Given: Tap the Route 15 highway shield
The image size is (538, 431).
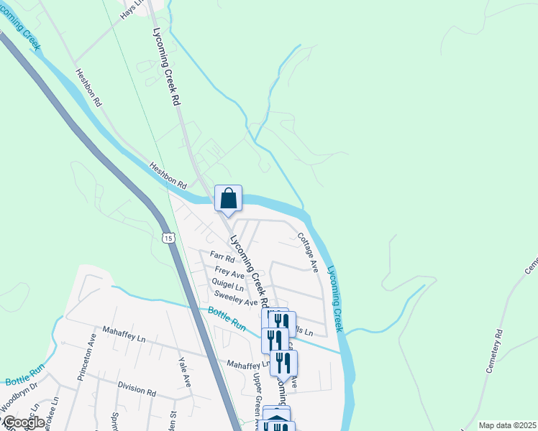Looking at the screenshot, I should [168, 238].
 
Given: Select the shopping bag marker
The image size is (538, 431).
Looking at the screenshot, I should [228, 198].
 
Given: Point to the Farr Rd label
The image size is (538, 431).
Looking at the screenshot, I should [222, 256].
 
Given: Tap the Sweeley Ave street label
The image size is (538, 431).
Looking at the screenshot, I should [234, 302].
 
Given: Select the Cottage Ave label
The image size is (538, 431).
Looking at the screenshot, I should [308, 251].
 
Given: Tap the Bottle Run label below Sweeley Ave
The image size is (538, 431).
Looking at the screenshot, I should [227, 319].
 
